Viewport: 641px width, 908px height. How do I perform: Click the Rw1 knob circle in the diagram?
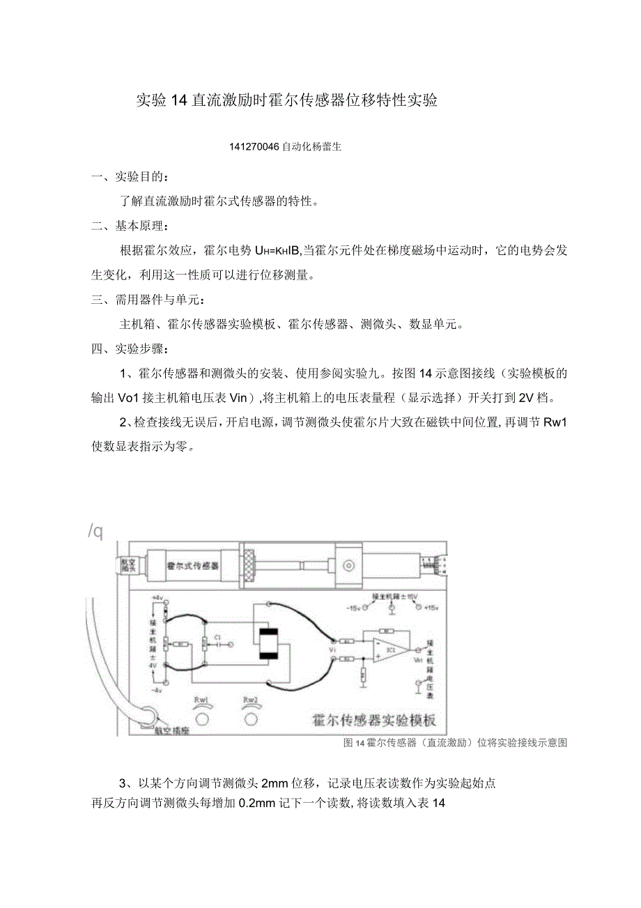pos(201,716)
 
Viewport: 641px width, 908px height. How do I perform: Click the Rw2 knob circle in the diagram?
pos(250,716)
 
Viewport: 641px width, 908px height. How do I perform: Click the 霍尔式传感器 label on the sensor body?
pos(192,566)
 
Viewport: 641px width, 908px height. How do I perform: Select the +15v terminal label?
pos(431,608)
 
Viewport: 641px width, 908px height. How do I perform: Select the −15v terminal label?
pos(352,608)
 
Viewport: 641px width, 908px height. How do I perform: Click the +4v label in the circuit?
pos(157,598)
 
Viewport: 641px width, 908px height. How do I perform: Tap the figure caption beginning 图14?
pos(456,743)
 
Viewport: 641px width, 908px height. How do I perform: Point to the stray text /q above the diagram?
pos(95,531)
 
